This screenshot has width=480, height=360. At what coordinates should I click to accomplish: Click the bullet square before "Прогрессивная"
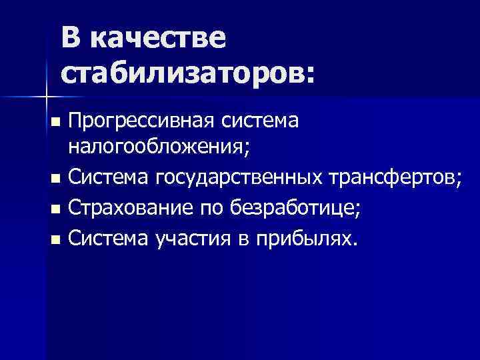[x=55, y=122]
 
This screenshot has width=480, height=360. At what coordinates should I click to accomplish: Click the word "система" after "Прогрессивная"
[x=259, y=121]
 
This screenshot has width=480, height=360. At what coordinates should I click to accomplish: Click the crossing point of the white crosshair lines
[x=46, y=97]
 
